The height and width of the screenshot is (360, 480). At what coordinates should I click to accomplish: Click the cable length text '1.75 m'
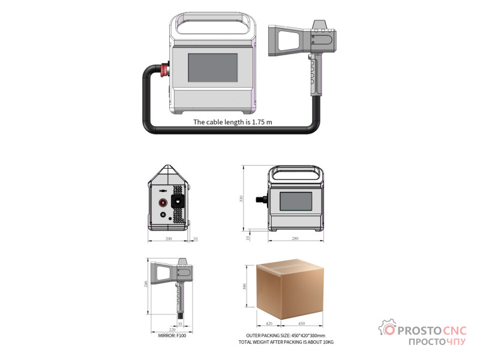pyautogui.click(x=262, y=122)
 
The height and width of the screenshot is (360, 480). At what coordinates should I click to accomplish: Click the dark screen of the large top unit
pyautogui.click(x=213, y=68)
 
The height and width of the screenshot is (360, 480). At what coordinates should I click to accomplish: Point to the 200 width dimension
pyautogui.click(x=169, y=238)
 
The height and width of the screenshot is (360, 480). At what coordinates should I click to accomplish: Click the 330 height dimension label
pyautogui.click(x=241, y=199)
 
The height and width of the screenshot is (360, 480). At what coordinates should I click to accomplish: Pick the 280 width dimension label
pyautogui.click(x=295, y=238)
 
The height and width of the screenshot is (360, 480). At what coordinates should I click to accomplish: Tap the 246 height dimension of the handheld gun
pyautogui.click(x=146, y=284)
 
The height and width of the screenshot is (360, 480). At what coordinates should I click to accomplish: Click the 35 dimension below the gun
pyautogui.click(x=180, y=323)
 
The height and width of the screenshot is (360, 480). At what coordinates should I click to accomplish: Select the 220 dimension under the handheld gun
pyautogui.click(x=172, y=329)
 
